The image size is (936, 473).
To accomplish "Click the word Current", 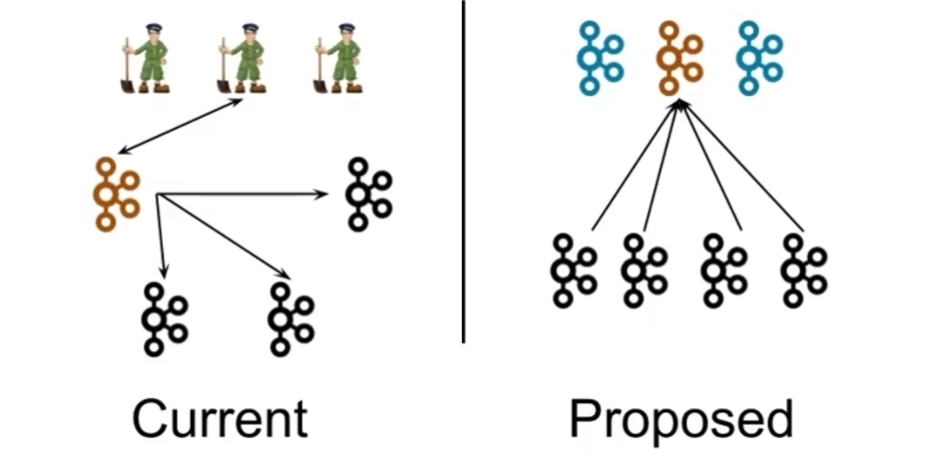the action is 220,419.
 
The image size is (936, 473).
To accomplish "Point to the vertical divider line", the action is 463,172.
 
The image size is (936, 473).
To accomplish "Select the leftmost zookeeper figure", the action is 146,58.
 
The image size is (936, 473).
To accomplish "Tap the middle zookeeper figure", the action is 241,58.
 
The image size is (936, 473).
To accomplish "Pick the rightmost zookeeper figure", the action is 338,58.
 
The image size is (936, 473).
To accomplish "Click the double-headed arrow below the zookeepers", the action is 181,127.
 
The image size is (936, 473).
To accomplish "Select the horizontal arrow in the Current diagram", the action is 241,195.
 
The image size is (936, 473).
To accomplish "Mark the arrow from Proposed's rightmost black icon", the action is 742,166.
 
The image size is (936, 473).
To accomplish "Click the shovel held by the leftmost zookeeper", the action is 127,66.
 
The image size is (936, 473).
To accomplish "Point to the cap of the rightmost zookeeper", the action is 346,27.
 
